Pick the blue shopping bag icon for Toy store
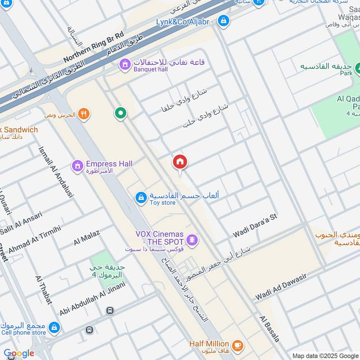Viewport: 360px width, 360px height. click(141, 198)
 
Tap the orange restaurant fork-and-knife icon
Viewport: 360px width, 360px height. click(83, 114)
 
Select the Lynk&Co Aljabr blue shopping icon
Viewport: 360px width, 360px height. click(223, 20)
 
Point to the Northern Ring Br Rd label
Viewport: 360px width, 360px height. click(93, 47)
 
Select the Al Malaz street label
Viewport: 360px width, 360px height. click(86, 237)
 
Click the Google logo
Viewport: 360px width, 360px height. click(19, 353)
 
